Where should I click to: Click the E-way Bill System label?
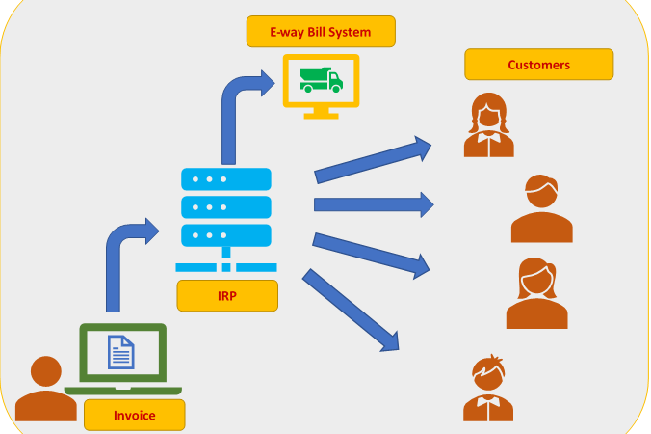[322, 32]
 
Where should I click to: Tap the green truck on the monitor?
[321, 78]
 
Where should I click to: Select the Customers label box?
[538, 65]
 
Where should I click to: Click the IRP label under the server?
[227, 295]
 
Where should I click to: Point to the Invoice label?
[134, 415]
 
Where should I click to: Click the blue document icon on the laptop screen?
[121, 351]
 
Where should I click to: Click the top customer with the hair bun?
[488, 125]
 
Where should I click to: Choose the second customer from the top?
[541, 209]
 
